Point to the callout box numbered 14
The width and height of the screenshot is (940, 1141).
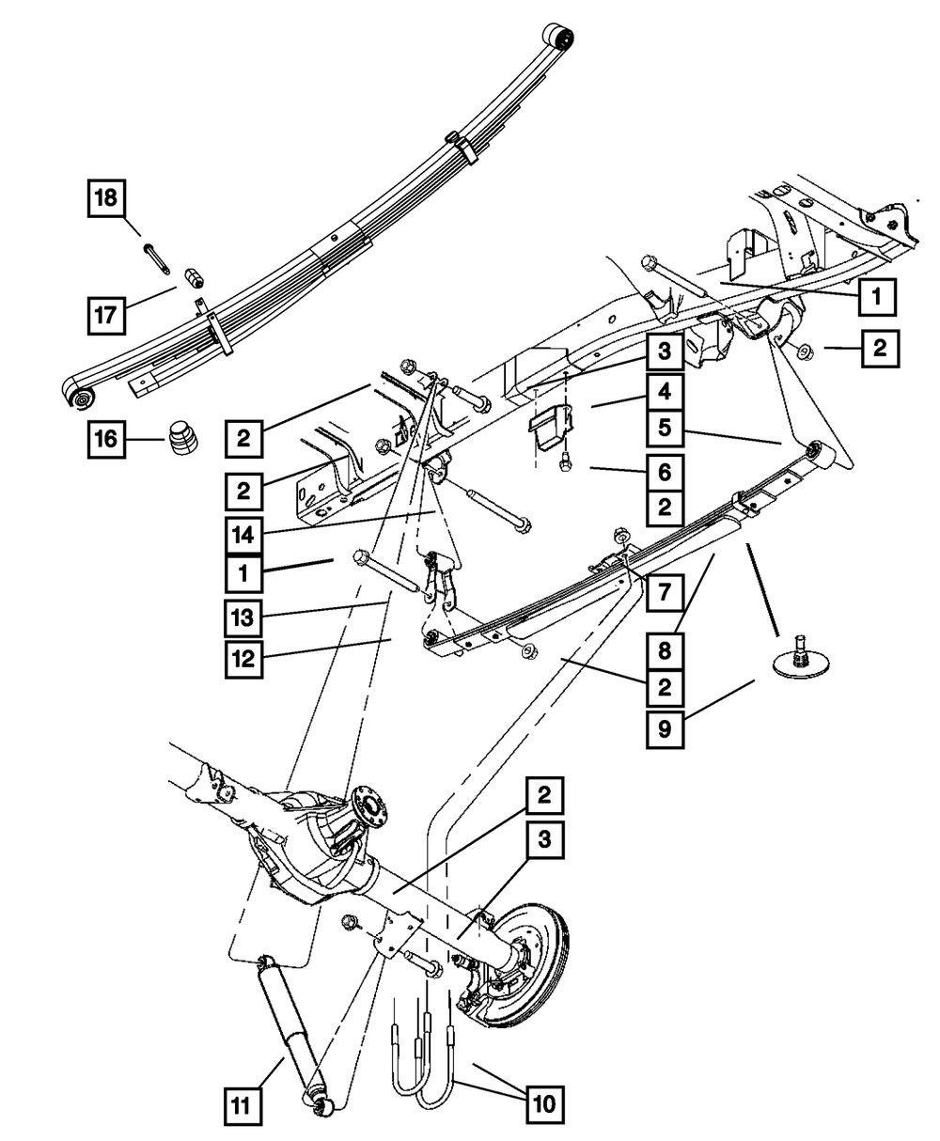(244, 534)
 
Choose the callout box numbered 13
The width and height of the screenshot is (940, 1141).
(244, 617)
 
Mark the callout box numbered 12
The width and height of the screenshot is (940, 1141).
(244, 659)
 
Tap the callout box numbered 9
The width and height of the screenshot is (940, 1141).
(665, 729)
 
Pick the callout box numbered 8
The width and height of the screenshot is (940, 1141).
(665, 649)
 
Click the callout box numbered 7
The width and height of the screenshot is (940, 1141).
(665, 593)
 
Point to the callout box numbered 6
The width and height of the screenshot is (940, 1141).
(665, 467)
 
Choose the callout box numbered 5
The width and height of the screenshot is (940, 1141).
(665, 428)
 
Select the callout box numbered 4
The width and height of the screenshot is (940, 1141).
(665, 389)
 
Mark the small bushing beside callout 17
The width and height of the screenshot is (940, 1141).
(192, 278)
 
